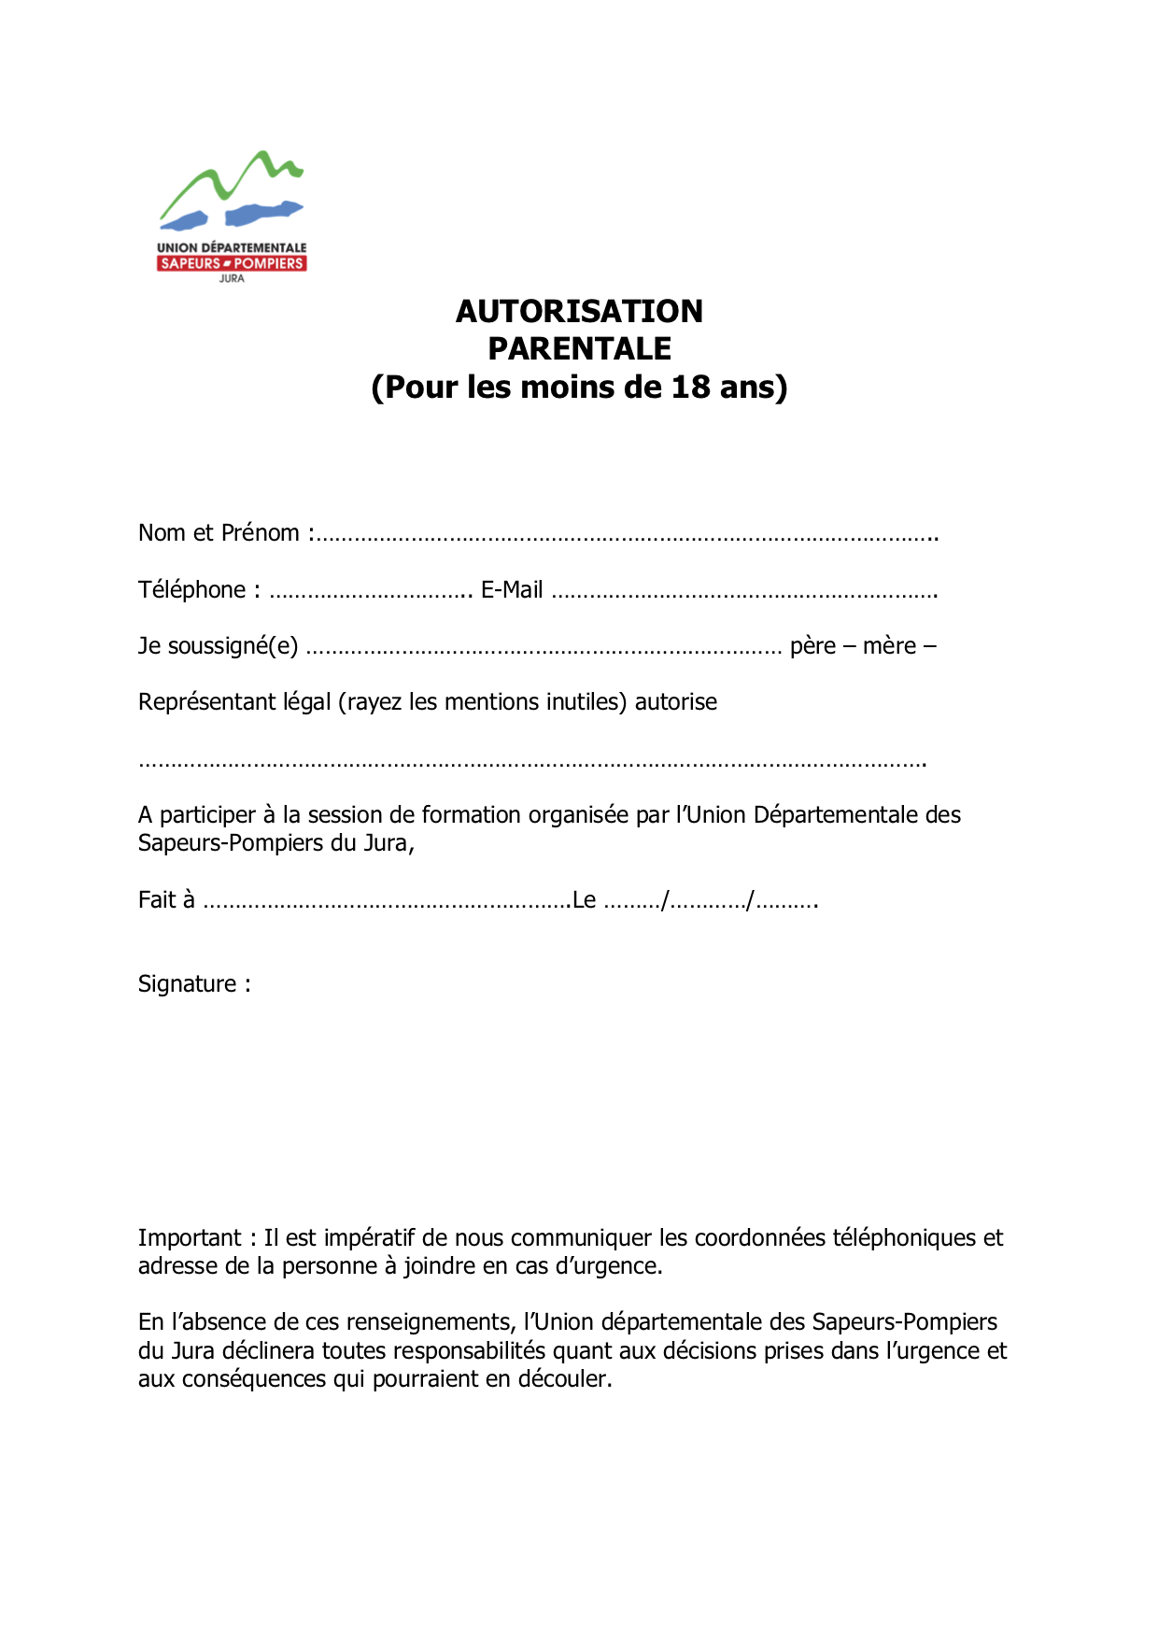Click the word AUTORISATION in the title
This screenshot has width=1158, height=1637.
pos(579,311)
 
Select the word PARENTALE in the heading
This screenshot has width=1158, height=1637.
pos(579,348)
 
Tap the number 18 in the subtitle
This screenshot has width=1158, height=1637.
pos(690,387)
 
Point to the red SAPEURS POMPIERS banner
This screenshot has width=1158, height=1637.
pos(232,263)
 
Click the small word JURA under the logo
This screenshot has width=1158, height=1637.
pos(232,278)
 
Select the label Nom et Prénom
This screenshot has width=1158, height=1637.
pos(219,532)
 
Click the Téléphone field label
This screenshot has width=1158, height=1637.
pos(192,590)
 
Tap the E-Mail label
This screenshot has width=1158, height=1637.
pos(512,590)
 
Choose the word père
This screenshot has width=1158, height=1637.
pos(812,646)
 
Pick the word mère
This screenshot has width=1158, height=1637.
pos(889,646)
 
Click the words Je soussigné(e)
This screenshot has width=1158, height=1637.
pos(219,646)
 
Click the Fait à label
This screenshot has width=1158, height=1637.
pos(166,900)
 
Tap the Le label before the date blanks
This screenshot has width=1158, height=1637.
pos(585,900)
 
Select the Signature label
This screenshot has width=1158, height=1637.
pos(188,984)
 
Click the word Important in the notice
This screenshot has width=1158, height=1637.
pos(190,1238)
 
